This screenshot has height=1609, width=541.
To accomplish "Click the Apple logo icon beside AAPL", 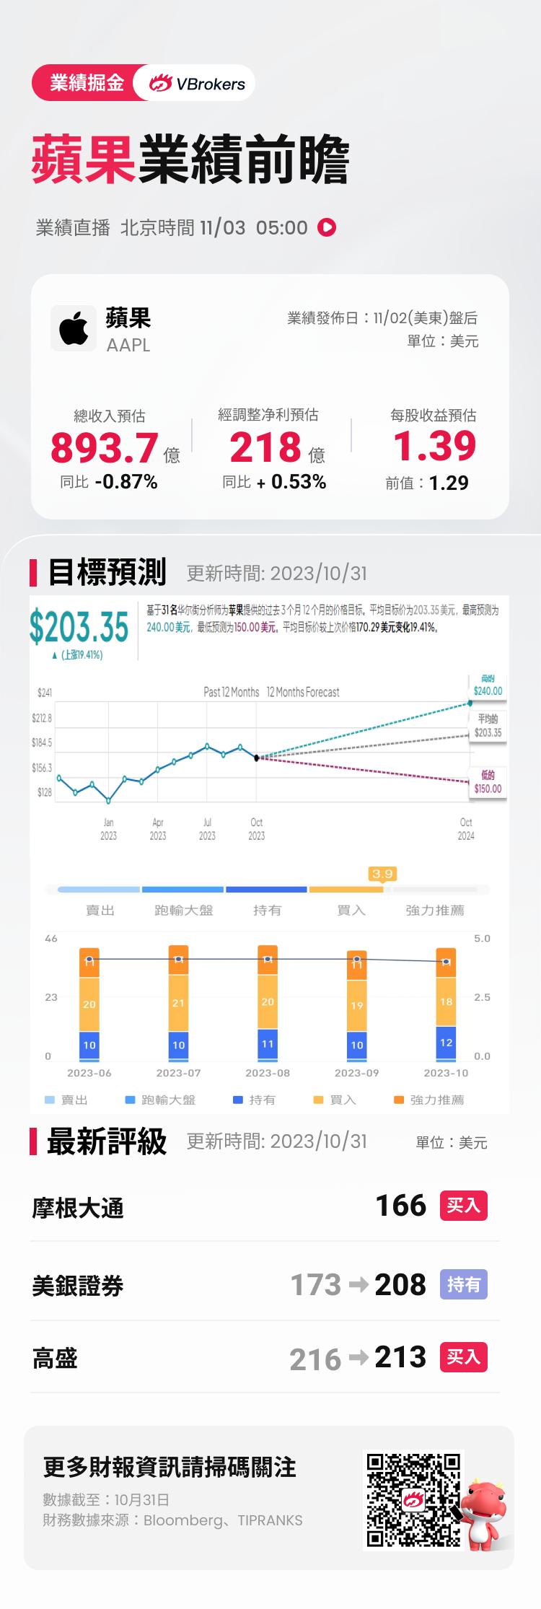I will (74, 328).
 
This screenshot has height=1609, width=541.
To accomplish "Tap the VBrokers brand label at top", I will (198, 84).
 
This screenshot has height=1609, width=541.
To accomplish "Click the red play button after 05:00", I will (327, 227).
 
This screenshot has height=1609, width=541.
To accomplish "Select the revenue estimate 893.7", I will (105, 447).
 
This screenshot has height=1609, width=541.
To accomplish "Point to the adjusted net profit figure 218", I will (265, 447).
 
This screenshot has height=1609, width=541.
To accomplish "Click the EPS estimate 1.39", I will (435, 445).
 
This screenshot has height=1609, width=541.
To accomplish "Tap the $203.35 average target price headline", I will (79, 626).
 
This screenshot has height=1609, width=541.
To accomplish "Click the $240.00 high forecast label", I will (488, 690).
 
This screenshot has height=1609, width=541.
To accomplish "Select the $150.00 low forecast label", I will (488, 789).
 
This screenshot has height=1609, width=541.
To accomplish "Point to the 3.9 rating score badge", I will (382, 874).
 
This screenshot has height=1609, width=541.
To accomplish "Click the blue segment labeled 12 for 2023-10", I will (447, 1043).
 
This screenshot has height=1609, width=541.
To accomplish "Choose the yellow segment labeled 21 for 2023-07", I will (178, 1003).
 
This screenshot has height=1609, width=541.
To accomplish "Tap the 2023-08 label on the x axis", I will (268, 1073).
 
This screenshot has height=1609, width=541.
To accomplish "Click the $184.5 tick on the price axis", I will (42, 742).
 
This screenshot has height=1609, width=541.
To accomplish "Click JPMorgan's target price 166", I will (401, 1206).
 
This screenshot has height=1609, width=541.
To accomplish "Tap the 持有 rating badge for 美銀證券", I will (464, 1284).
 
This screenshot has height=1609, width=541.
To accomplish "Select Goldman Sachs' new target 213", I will (400, 1357).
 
